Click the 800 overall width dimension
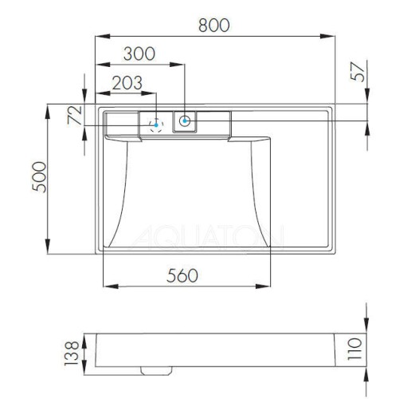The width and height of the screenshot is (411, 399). pos(213,25)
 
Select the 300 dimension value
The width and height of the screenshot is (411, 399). pos(139,54)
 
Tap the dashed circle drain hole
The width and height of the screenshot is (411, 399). pos(157,124)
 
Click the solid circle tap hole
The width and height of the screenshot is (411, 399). pos(185,121)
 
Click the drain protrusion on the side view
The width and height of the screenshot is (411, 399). pos(156,369)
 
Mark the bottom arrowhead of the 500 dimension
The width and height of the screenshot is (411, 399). pos(50,250)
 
